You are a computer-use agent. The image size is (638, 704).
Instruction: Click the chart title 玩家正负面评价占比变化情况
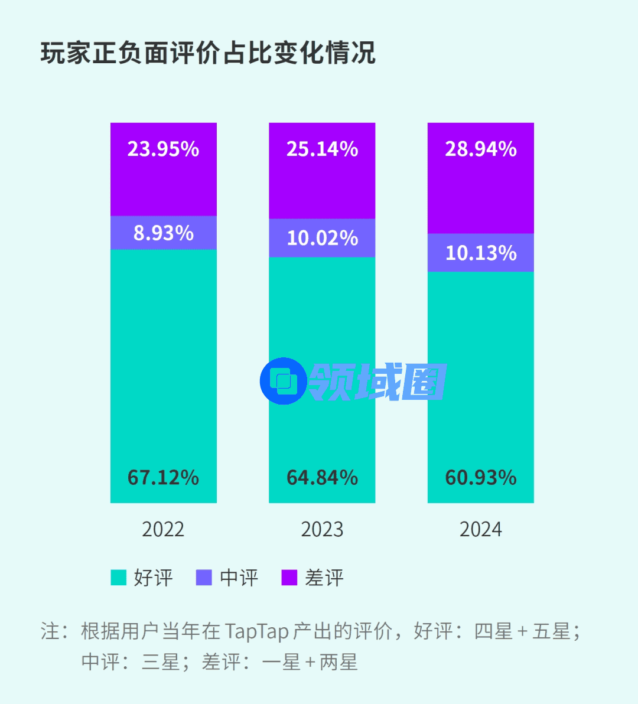(208, 53)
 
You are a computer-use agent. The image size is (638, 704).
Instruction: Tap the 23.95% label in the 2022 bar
(163, 149)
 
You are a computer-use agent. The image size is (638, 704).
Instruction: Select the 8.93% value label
(163, 233)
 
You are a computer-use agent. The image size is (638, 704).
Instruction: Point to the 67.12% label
(163, 477)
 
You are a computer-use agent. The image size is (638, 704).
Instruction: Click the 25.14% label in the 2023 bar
(322, 149)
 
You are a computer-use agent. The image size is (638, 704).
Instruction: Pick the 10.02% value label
(322, 238)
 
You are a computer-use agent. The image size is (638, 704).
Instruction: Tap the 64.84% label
(322, 477)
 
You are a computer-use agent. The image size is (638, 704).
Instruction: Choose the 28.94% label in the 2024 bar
(481, 149)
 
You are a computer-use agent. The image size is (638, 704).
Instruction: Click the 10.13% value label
(481, 253)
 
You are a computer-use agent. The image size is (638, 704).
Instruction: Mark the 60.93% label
(481, 477)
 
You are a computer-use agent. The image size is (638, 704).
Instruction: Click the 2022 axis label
(163, 529)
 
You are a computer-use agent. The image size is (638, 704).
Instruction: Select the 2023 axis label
(322, 529)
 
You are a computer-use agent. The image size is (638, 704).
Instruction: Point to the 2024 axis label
(481, 529)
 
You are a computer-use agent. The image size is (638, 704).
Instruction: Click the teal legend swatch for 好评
(119, 578)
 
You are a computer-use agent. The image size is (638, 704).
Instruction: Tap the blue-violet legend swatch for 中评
(204, 578)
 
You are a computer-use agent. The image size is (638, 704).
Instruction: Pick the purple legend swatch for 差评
(289, 578)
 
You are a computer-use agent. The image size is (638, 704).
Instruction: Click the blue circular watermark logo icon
(283, 381)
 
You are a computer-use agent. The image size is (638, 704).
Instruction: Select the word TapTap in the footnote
(256, 631)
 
